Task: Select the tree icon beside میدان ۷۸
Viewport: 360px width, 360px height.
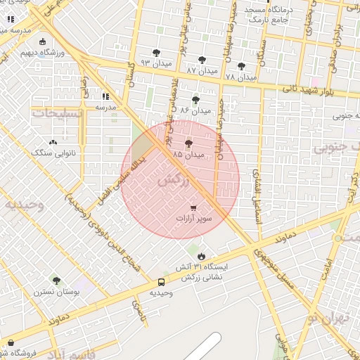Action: pyautogui.click(x=241, y=67)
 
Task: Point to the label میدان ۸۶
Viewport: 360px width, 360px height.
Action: pyautogui.click(x=195, y=110)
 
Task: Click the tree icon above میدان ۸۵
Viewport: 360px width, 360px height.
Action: pyautogui.click(x=188, y=143)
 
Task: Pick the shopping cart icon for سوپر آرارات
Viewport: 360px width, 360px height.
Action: pyautogui.click(x=193, y=208)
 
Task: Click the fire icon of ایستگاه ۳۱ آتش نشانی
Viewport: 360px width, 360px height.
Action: pyautogui.click(x=202, y=256)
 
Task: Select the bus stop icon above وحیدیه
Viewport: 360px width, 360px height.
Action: pyautogui.click(x=162, y=283)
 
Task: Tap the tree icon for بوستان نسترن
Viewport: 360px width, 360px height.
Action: pyautogui.click(x=56, y=281)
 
